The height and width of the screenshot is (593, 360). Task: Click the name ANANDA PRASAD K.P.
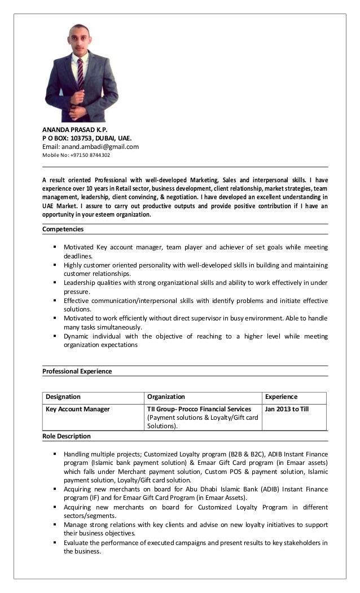[x=74, y=129]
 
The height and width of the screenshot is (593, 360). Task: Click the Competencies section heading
[x=63, y=229]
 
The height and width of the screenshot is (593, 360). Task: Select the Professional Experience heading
[x=77, y=371]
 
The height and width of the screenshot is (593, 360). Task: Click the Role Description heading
[x=67, y=436]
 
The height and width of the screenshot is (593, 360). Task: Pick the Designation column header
[x=63, y=397]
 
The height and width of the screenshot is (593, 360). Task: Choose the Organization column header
[x=166, y=397]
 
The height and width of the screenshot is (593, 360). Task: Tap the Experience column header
[x=281, y=397]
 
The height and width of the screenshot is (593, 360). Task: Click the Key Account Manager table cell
[x=77, y=409]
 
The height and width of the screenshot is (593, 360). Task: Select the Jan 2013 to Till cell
[x=287, y=409]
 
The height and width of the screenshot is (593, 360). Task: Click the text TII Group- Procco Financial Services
[x=199, y=409]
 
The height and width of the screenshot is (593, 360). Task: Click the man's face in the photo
[x=80, y=41]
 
